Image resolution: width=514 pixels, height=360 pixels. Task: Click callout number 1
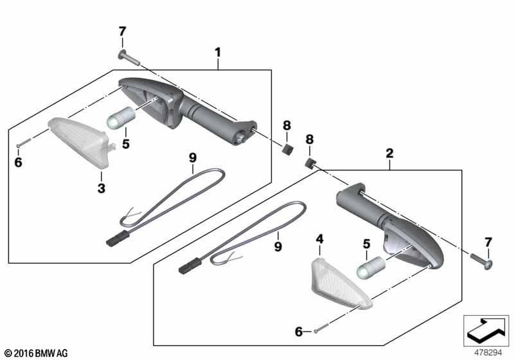[x=218, y=51]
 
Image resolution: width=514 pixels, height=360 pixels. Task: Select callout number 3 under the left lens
[x=100, y=188]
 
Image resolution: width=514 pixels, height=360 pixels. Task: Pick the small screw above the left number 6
[x=22, y=143]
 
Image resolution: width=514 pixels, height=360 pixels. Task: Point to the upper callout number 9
[x=191, y=157]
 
